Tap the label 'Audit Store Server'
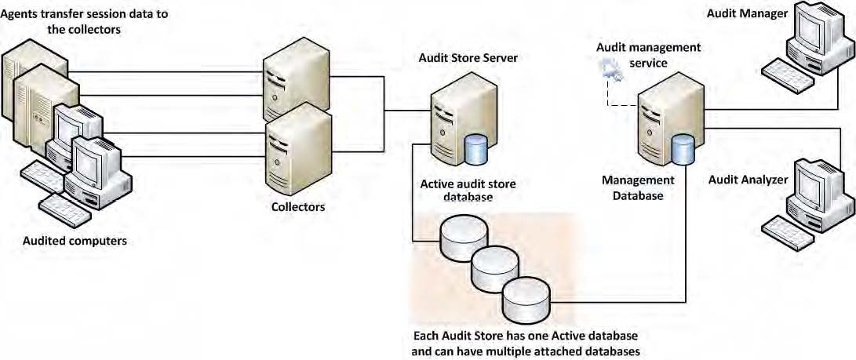(468, 58)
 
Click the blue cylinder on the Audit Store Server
(476, 150)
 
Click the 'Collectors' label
(298, 208)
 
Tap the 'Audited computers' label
(75, 241)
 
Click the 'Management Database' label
(632, 187)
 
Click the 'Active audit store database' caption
(457, 191)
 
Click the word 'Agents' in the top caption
(24, 15)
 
